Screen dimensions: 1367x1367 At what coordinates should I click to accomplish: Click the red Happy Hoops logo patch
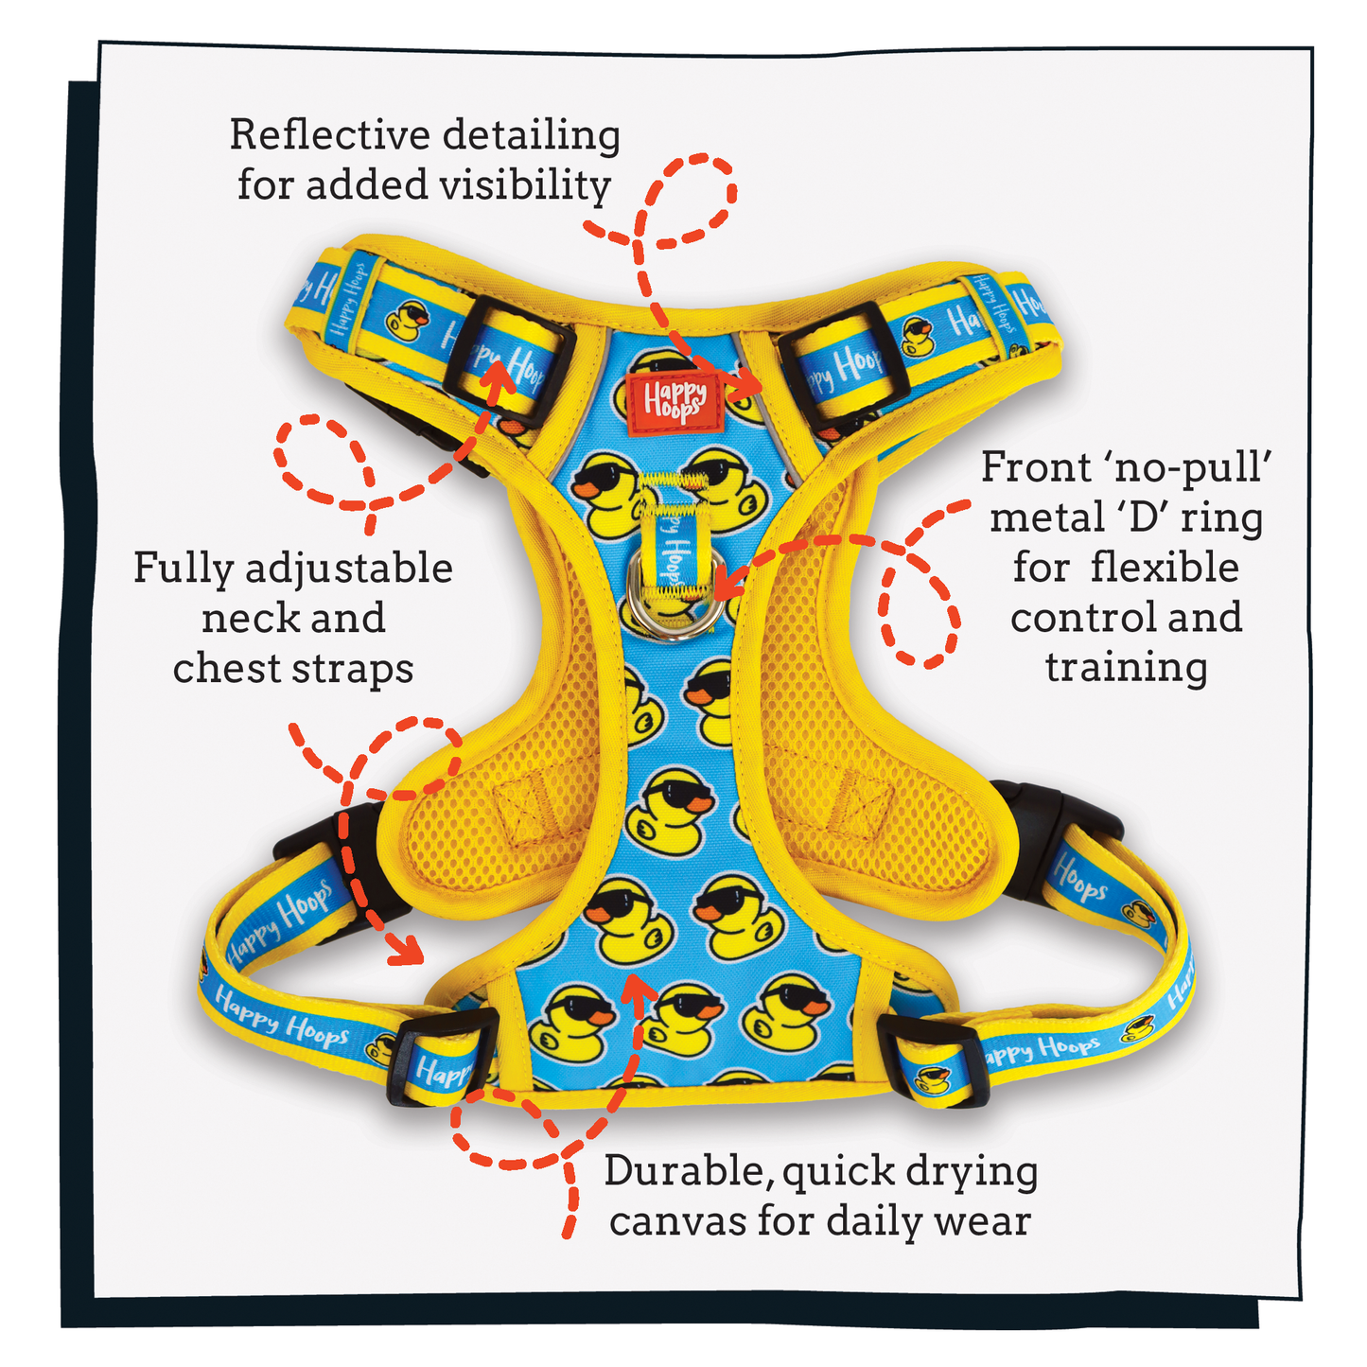pos(674,400)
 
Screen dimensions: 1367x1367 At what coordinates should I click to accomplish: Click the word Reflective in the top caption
pos(327,135)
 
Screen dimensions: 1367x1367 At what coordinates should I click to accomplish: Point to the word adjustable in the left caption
pos(348,570)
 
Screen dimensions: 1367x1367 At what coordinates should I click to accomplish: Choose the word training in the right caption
pos(1126,667)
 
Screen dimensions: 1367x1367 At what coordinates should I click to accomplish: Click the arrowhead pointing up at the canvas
pos(640,987)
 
